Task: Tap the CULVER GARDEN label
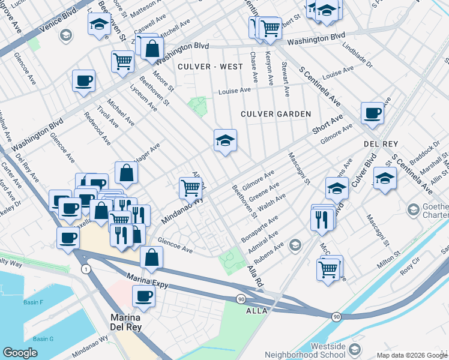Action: tap(276, 114)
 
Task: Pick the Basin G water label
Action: tap(43, 339)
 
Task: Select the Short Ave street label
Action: tap(327, 124)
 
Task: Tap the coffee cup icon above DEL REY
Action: tap(373, 112)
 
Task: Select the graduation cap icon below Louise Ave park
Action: tap(225, 140)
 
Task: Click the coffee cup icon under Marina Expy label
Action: tap(144, 295)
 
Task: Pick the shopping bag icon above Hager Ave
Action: tap(127, 172)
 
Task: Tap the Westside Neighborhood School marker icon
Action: tap(355, 349)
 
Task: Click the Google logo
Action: tap(20, 353)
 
